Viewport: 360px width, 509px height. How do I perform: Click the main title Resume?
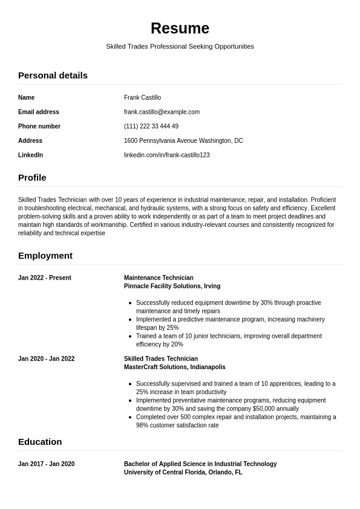[180, 28]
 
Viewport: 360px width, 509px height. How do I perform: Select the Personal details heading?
[53, 75]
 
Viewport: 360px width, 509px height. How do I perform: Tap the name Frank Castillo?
[142, 97]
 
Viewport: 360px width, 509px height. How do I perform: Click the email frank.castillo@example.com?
[162, 112]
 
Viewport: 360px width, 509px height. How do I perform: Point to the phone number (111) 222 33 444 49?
[151, 126]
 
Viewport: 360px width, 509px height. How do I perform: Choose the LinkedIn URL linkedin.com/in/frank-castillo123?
[166, 155]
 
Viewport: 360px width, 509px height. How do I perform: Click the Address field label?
[30, 140]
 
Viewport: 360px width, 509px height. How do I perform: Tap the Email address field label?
[39, 112]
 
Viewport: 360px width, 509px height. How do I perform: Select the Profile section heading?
[32, 177]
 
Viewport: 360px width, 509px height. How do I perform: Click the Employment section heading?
[45, 255]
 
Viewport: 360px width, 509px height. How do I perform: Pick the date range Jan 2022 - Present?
[45, 278]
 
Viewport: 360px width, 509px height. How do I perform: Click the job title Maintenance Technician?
[159, 278]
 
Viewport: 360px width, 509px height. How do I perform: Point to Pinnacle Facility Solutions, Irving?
[172, 286]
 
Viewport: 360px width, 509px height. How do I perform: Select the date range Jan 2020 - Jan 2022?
[47, 359]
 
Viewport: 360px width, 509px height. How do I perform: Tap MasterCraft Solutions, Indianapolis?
[174, 367]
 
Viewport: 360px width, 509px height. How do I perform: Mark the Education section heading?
[40, 442]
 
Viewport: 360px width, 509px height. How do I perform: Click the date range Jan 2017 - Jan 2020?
[47, 464]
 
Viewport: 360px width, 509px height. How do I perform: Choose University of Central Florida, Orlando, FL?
[183, 473]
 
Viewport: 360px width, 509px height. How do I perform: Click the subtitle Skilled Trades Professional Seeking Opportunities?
[180, 47]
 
